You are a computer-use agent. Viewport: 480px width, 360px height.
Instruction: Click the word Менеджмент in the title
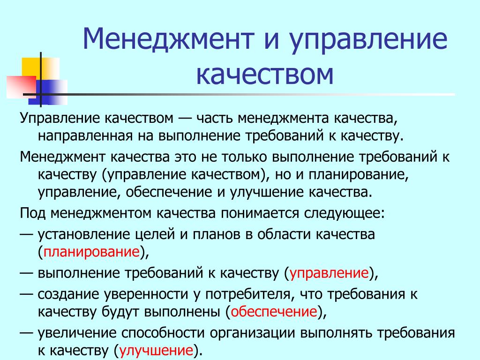pyautogui.click(x=168, y=39)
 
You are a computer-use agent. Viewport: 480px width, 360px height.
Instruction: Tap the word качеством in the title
pyautogui.click(x=265, y=75)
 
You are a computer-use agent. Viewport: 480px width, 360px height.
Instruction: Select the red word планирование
pyautogui.click(x=92, y=252)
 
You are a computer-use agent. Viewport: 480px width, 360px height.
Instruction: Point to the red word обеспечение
pyautogui.click(x=274, y=312)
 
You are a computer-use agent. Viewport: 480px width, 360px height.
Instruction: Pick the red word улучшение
pyautogui.click(x=156, y=351)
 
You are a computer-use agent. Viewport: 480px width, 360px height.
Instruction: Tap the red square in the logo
pyautogui.click(x=22, y=87)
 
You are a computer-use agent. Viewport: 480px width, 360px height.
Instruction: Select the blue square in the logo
pyautogui.click(x=52, y=92)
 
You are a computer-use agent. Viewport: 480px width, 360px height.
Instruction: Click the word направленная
pyautogui.click(x=85, y=136)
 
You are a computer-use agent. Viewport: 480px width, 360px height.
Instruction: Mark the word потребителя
pyautogui.click(x=247, y=294)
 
